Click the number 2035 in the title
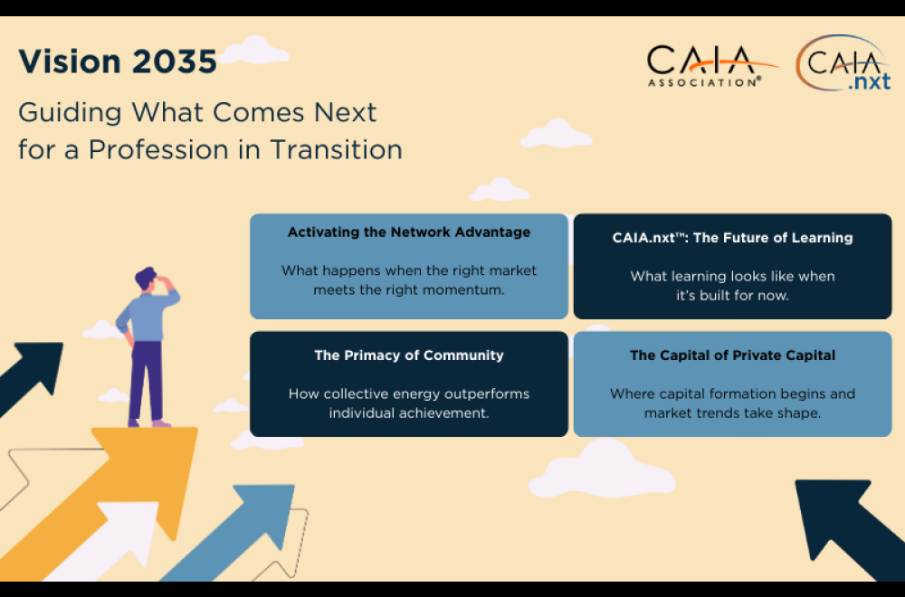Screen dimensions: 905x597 tap(175, 62)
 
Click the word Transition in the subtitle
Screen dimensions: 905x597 tap(336, 149)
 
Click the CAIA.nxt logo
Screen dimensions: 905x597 tap(843, 63)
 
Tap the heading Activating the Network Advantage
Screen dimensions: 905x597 tap(409, 232)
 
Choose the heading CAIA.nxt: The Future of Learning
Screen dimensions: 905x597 tap(732, 238)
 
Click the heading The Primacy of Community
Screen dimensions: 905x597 tap(409, 355)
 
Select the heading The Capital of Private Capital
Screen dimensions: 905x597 tap(732, 355)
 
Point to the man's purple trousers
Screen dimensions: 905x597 tap(146, 381)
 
